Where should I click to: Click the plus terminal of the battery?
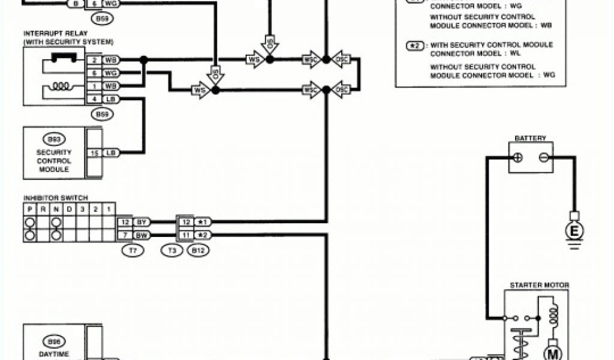click(519, 157)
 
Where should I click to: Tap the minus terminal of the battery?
click(543, 157)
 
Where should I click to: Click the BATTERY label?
click(530, 138)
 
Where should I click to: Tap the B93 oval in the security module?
click(54, 139)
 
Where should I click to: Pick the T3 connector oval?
click(174, 251)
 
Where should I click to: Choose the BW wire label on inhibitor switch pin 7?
click(142, 235)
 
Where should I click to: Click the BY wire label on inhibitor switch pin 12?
click(142, 222)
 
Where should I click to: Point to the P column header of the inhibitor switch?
click(29, 209)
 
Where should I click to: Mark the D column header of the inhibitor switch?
click(70, 209)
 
